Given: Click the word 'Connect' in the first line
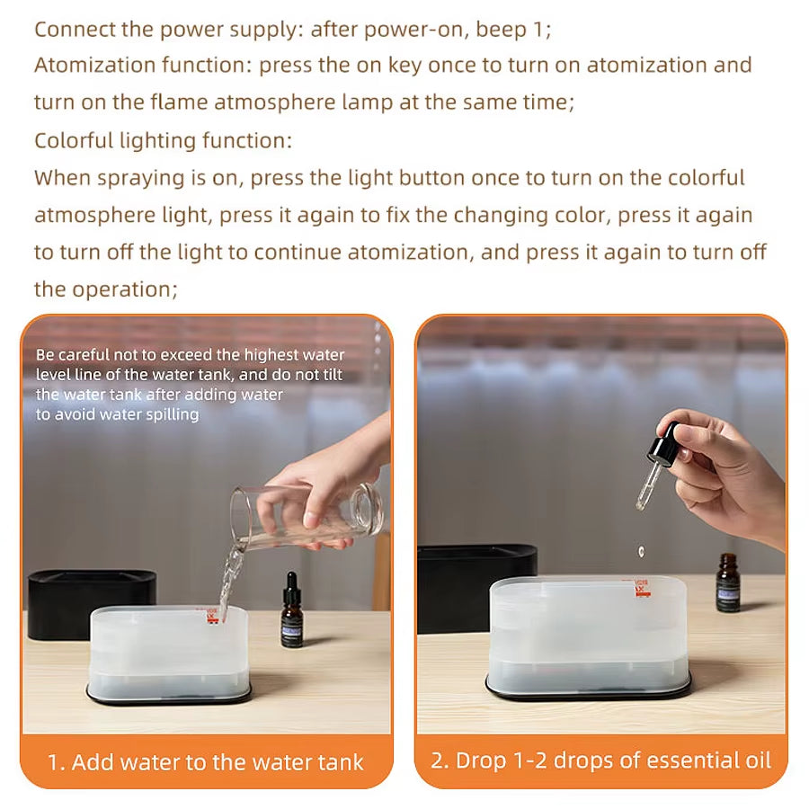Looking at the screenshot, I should tap(76, 29).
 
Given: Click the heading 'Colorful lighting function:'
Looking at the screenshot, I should tap(164, 141).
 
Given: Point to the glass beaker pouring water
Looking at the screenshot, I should tap(306, 517).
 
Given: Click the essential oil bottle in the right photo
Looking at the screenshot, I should tap(727, 584).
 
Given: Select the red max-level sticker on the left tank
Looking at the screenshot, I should tap(213, 615).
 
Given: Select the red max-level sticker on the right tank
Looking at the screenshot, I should tap(642, 587).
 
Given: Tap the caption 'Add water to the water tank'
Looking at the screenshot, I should tap(206, 762).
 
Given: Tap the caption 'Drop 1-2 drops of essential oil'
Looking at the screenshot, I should tap(600, 760).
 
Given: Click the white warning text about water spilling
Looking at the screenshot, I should tap(189, 385).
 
